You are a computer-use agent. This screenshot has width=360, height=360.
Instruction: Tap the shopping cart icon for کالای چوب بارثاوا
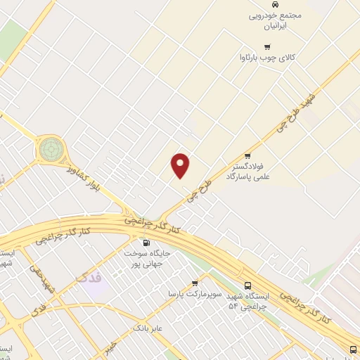pyautogui.click(x=267, y=46)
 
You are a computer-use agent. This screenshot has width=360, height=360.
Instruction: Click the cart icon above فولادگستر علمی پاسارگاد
pyautogui.click(x=247, y=156)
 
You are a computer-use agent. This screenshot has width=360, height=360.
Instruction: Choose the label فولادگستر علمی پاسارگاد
pyautogui.click(x=247, y=172)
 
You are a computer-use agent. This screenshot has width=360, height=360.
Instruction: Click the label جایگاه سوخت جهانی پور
pyautogui.click(x=145, y=258)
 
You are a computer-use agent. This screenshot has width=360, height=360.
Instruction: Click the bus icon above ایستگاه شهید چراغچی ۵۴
pyautogui.click(x=247, y=285)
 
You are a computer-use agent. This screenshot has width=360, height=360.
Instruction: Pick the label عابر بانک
pyautogui.click(x=148, y=328)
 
